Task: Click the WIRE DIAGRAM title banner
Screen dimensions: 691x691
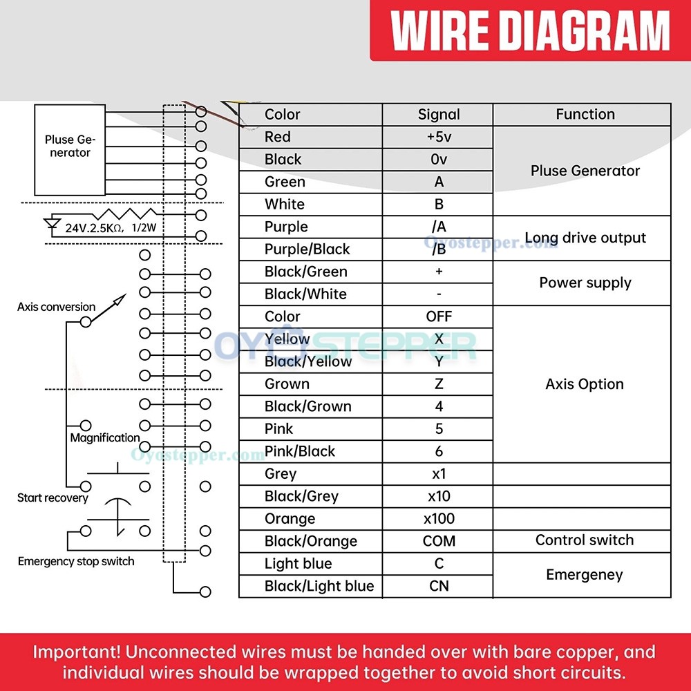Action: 530,30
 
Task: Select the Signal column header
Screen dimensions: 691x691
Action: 438,115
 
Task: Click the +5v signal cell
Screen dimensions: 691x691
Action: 438,137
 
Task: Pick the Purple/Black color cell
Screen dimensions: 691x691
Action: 310,249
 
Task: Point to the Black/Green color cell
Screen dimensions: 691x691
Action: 310,272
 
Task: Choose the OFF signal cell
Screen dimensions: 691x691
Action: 438,316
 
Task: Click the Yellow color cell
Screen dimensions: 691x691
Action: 310,339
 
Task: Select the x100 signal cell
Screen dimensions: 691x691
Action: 438,519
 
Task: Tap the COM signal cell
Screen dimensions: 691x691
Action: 438,541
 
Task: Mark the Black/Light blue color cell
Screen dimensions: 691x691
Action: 310,586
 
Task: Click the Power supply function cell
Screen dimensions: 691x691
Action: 582,283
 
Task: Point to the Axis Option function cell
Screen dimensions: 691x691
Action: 582,384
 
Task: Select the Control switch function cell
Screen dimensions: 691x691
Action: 582,541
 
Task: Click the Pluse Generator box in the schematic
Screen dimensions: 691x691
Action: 70,150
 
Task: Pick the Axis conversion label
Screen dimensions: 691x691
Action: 56,307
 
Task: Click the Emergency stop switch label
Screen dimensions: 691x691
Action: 76,561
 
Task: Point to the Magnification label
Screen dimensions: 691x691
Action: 105,438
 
